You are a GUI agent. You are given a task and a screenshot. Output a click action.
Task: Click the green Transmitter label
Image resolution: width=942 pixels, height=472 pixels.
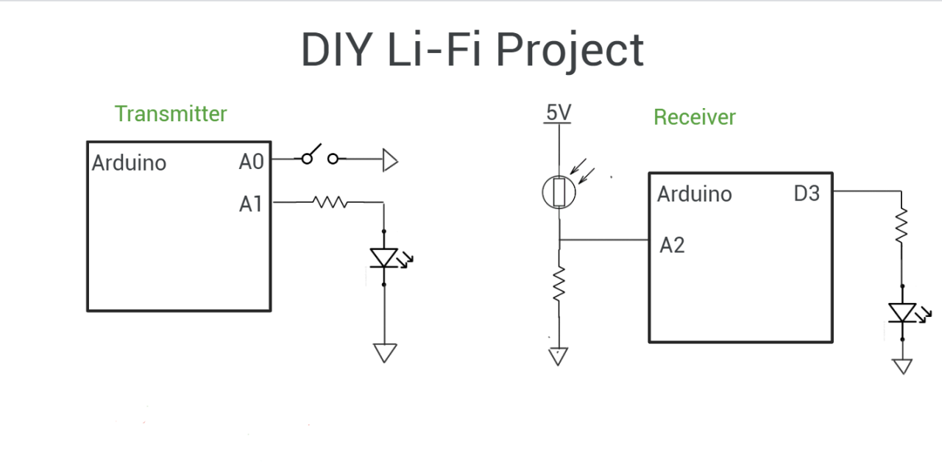pos(171,114)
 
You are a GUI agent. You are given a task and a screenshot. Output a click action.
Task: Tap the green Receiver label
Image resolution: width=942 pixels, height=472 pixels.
pos(694,117)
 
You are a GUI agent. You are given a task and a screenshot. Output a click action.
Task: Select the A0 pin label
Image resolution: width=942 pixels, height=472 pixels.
pos(251,161)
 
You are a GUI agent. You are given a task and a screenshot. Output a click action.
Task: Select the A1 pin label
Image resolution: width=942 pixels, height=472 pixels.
pos(251,204)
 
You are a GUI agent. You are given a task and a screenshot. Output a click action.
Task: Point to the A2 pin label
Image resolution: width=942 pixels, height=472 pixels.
pos(672,245)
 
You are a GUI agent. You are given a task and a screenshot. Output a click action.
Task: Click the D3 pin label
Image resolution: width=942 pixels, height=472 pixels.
pos(807,194)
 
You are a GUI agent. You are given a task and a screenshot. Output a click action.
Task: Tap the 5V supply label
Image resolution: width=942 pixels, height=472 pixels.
pos(558,113)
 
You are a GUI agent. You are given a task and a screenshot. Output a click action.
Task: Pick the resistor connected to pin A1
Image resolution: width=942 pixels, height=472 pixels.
pos(330,201)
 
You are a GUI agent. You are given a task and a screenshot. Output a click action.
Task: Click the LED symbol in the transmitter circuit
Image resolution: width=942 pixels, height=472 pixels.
pos(384,257)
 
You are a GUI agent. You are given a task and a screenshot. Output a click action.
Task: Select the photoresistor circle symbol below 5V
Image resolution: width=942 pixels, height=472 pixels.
pos(559,193)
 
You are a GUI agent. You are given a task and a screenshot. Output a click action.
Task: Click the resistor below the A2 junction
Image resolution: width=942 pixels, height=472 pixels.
pos(559,283)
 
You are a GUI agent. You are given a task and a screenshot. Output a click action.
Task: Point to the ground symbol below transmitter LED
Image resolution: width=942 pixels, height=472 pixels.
pos(384,353)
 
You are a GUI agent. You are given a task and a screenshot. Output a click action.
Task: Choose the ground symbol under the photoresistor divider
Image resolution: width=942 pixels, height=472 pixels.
pos(559,357)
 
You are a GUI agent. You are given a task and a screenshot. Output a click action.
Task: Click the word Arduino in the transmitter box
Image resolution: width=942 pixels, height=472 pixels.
pos(129,162)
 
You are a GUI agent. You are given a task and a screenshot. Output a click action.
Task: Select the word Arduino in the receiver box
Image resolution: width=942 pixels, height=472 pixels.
pos(694,194)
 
